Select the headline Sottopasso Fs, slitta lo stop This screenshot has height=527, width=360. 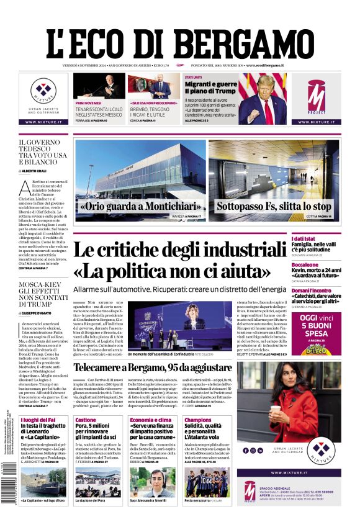pos(274,206)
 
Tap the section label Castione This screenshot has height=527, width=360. pos(86,420)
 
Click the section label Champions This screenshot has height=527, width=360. pos(197,420)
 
